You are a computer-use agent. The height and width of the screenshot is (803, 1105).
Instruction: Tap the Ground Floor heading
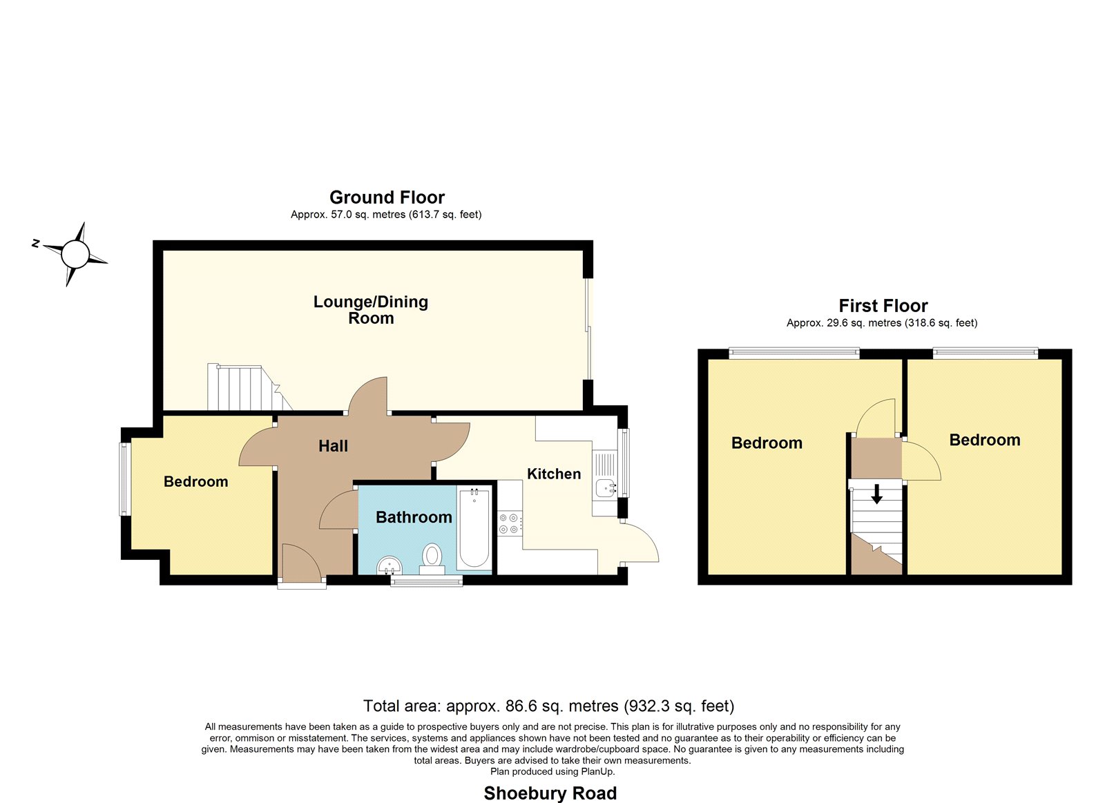[387, 197]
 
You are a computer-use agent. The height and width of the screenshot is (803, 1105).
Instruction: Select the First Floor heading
[883, 306]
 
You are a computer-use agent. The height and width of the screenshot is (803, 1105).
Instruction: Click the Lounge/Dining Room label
[371, 310]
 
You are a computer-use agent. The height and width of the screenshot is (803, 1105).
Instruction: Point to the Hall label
[333, 446]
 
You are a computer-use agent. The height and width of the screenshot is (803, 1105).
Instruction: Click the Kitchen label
[554, 474]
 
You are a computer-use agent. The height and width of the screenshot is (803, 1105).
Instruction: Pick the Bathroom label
[414, 517]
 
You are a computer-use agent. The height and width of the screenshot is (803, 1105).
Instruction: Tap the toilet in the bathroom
[432, 559]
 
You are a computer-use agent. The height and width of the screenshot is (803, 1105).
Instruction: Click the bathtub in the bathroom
[474, 528]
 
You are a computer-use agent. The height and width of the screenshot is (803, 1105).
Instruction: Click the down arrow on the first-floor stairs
[876, 494]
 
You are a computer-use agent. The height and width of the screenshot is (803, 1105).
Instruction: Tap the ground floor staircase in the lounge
[249, 387]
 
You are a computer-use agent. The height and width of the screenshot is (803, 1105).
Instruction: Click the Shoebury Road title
[550, 793]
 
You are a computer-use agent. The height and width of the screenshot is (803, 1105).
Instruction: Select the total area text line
[548, 706]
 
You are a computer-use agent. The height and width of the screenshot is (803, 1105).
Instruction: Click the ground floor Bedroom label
[196, 481]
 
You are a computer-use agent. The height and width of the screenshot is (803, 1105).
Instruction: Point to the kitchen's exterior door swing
[640, 543]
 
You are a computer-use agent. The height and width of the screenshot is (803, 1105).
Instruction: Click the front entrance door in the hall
[302, 561]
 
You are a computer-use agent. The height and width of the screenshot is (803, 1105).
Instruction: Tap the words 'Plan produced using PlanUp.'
[552, 771]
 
